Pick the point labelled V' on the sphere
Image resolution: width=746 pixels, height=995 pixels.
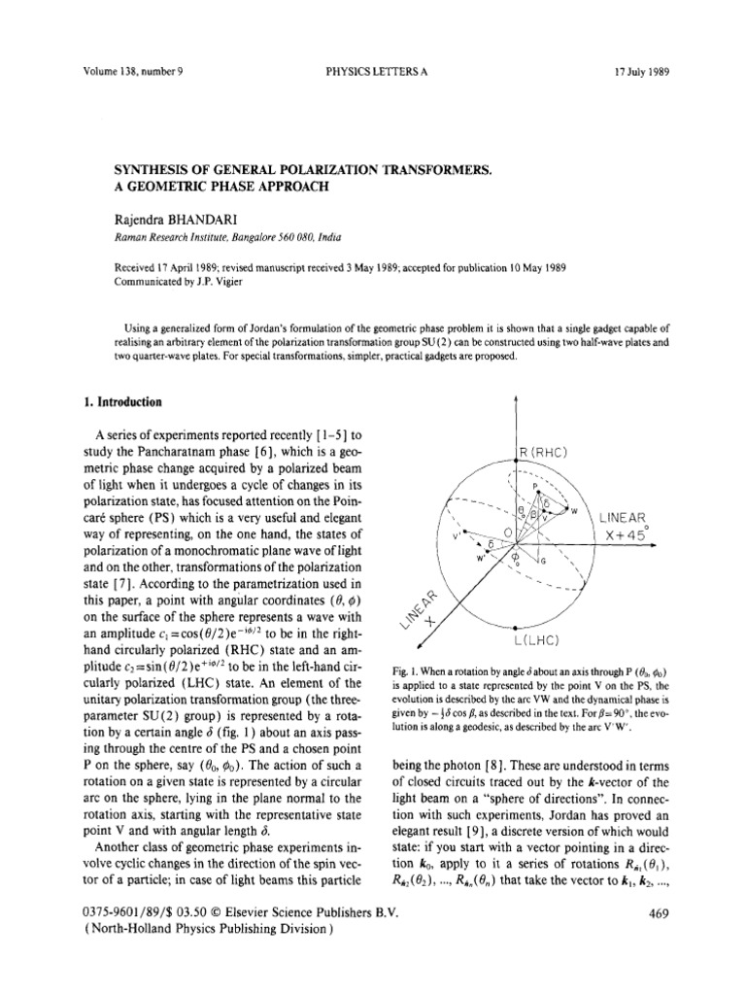point(455,533)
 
